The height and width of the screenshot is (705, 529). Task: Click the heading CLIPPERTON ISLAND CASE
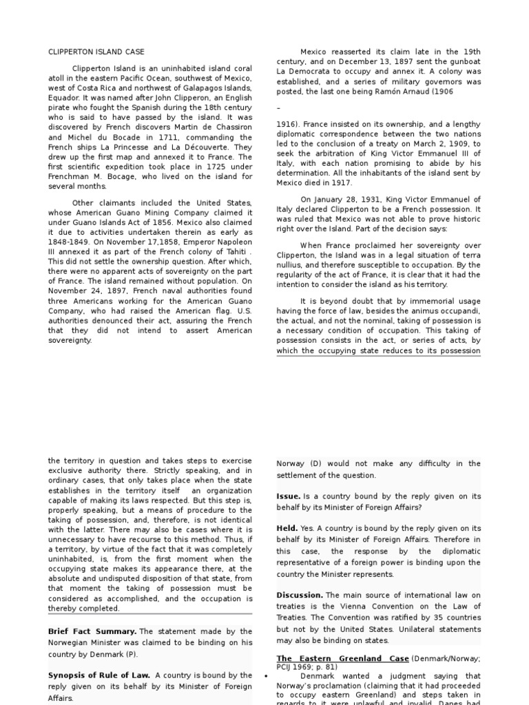coord(96,52)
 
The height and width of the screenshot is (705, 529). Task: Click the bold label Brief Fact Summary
coord(90,631)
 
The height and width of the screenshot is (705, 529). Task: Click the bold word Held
coord(287,529)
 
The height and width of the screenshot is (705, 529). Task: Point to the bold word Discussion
coord(299,595)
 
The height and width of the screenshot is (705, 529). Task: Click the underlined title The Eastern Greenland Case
coord(342,658)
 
